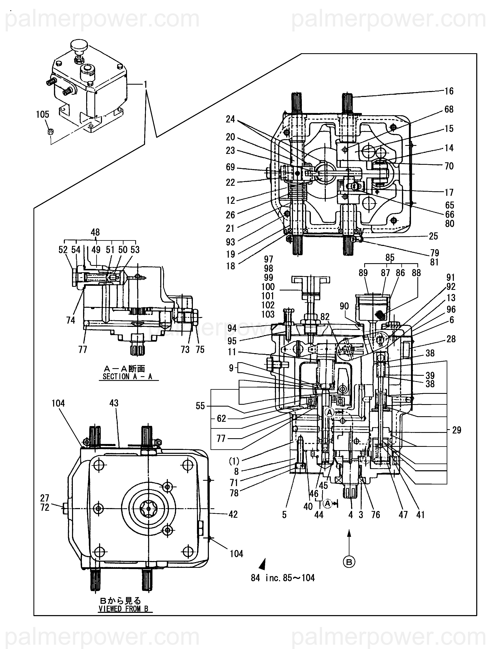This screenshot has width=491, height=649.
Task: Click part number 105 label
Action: [42, 114]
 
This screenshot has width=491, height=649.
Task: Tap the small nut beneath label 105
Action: [50, 132]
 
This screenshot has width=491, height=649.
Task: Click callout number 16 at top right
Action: [449, 91]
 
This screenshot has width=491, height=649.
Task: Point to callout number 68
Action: [449, 110]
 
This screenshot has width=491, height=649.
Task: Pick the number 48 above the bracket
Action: [95, 232]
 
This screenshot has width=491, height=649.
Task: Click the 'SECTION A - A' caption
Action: [127, 376]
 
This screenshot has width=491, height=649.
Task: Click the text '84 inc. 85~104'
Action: [283, 578]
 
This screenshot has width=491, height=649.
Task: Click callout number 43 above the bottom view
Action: [114, 403]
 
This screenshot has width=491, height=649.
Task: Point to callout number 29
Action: [457, 430]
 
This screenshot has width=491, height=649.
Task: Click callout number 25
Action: [433, 236]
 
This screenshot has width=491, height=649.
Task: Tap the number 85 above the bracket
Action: [390, 258]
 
